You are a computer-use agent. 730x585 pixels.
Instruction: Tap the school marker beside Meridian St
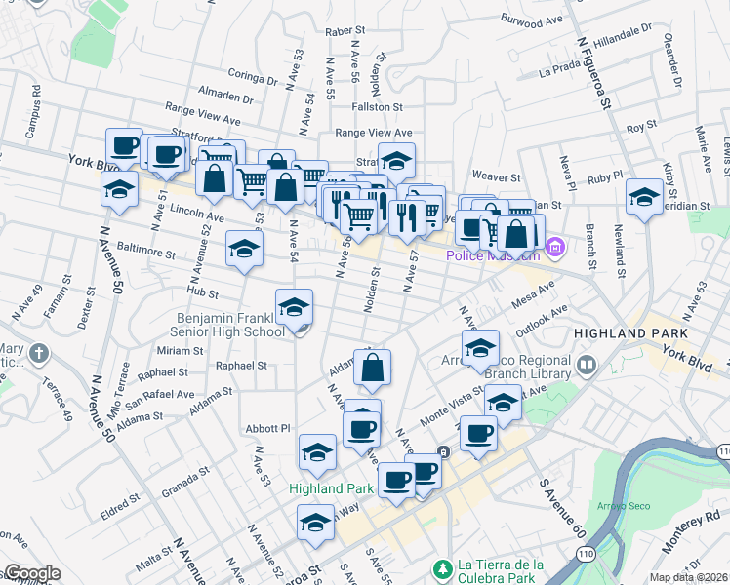pos(644,198)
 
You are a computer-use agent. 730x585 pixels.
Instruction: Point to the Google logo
pos(31,573)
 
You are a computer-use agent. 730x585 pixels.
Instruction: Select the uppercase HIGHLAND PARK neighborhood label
pos(630,333)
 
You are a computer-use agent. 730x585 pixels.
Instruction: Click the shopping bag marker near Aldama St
pos(372,368)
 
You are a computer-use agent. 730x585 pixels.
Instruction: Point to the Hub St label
pos(203,292)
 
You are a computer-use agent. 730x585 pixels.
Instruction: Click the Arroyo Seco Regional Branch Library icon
pos(587,366)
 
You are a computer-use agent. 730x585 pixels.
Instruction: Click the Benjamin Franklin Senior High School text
pos(230,325)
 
